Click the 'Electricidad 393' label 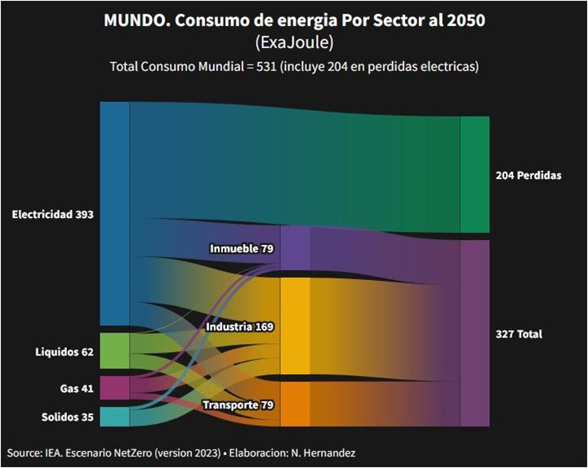coord(53,215)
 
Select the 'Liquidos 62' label coord(65,353)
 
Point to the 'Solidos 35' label coord(68,417)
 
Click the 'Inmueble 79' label coord(241,248)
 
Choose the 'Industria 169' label coord(239,327)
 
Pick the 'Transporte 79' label coord(238,405)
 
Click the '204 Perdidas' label coord(528,176)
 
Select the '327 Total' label coord(519,335)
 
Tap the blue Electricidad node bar coord(114,214)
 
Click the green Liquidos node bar coord(114,350)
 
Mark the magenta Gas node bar coord(114,387)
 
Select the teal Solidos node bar coord(114,417)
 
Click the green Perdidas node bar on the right coord(474,175)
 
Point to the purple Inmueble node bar coord(295,247)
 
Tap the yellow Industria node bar coord(295,327)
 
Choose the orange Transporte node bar coord(295,405)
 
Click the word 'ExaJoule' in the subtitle coord(294,42)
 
